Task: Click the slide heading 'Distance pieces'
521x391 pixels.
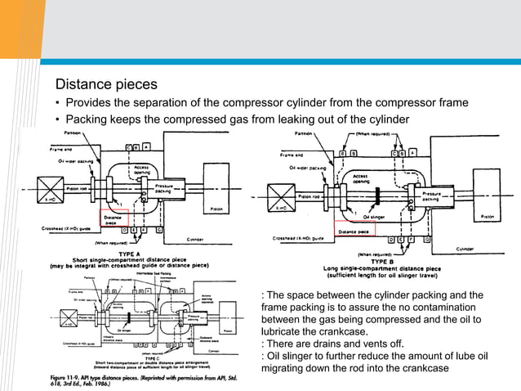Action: (x=106, y=84)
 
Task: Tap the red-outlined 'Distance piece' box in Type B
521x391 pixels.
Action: (x=353, y=230)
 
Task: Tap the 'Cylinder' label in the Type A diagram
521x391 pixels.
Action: (x=195, y=241)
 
